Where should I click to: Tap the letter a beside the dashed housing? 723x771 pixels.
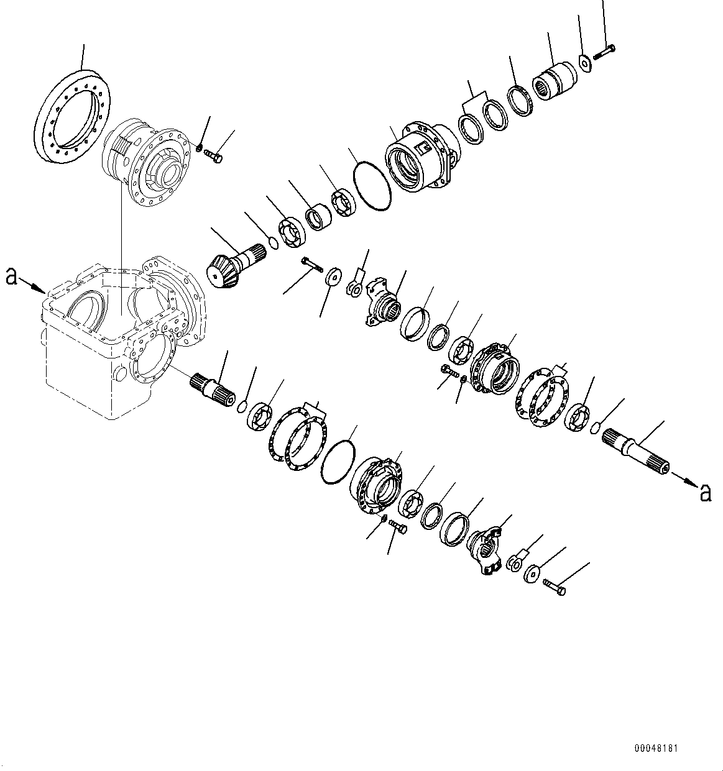click(11, 275)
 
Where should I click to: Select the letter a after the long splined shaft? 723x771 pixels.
click(705, 492)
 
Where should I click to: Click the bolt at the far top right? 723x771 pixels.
click(604, 52)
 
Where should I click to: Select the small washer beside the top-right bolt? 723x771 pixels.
click(584, 62)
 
